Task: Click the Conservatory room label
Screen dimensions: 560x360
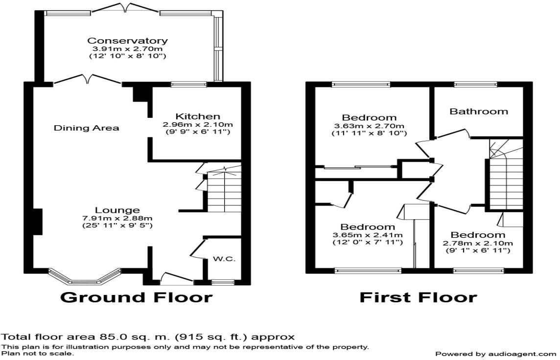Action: (127, 41)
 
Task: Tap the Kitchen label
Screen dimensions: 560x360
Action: (197, 116)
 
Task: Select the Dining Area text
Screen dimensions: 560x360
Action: (87, 128)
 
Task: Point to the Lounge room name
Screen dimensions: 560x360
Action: (117, 210)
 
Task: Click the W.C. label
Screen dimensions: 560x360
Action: (224, 259)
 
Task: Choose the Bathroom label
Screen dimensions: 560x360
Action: (479, 112)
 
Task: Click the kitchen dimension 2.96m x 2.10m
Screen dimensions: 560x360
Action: (197, 125)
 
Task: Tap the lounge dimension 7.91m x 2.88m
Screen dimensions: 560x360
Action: (117, 218)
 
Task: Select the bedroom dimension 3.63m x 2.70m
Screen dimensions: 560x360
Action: (369, 126)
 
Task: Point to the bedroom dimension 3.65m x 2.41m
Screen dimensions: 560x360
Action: (368, 235)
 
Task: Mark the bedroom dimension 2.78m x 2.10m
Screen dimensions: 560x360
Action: (478, 243)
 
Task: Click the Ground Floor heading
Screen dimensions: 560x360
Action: (137, 297)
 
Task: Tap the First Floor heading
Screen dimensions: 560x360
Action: (418, 297)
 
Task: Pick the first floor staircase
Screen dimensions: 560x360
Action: (506, 174)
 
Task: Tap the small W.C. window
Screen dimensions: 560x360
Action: (223, 282)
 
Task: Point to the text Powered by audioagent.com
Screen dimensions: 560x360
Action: (496, 354)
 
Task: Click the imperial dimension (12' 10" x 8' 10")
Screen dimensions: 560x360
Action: (127, 56)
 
